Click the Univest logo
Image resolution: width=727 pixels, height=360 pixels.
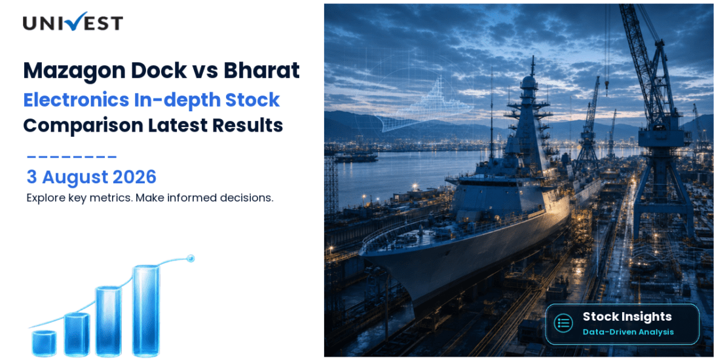pos(73,22)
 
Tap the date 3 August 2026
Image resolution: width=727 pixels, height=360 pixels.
pos(91,177)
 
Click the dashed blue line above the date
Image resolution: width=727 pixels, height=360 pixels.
pos(71,158)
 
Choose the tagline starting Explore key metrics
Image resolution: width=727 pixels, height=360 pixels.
pos(150,198)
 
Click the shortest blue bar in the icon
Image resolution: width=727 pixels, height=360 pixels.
pos(44,343)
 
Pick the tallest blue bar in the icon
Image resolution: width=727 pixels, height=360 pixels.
pos(146,310)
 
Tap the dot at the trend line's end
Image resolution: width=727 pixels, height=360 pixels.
pos(190,258)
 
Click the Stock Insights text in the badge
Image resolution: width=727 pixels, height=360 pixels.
pos(627,317)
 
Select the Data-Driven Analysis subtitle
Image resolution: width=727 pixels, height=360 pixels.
pos(628,333)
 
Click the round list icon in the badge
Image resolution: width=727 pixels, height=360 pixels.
pos(563,323)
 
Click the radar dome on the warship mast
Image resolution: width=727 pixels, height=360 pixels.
pos(529,83)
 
